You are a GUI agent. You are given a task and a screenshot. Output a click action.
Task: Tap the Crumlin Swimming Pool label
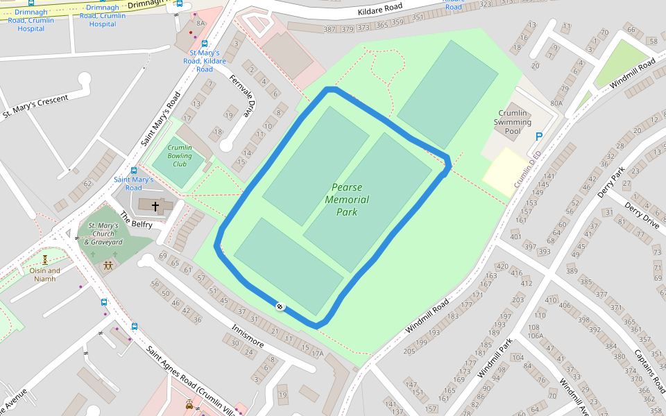click(x=513, y=122)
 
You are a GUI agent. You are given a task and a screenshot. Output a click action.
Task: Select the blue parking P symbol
click(x=538, y=138)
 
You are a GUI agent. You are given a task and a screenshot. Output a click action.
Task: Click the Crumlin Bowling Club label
click(x=180, y=156)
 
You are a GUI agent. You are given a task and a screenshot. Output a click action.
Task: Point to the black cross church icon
click(x=155, y=206)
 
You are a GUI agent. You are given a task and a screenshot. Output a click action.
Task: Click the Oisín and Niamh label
click(x=44, y=275)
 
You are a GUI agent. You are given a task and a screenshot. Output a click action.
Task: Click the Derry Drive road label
click(x=642, y=216)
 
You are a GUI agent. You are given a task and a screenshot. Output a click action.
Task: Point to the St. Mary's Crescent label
click(x=35, y=106)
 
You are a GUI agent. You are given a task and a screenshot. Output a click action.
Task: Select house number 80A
click(x=556, y=103)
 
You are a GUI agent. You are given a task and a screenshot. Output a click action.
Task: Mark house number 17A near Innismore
click(x=317, y=354)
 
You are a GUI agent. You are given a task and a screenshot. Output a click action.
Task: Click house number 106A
click(x=534, y=336)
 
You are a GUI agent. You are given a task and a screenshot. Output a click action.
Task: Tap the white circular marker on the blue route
click(x=279, y=306)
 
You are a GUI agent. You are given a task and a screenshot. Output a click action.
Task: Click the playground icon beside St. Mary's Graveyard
click(x=108, y=265)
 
